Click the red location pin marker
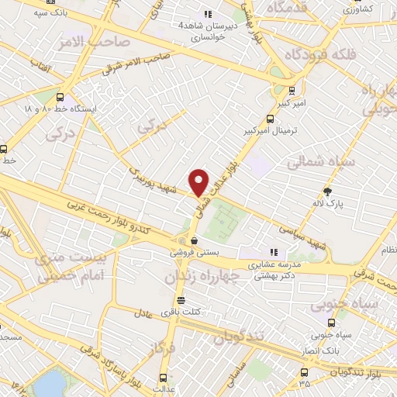[x=199, y=183]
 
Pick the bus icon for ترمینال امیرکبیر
[x=270, y=119]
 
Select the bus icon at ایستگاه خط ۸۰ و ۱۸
[x=60, y=98]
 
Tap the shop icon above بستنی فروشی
[x=193, y=240]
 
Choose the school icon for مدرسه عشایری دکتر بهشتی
[x=273, y=252]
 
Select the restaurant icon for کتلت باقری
[x=181, y=300]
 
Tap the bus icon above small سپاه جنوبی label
[x=332, y=323]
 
